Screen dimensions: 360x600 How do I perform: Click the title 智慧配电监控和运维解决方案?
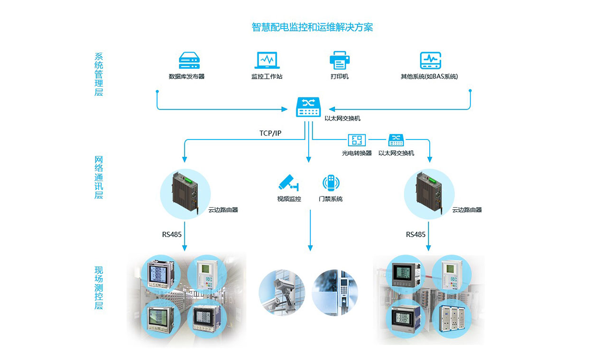312,27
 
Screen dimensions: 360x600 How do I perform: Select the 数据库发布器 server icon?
189,61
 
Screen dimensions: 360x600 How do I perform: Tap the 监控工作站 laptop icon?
267,61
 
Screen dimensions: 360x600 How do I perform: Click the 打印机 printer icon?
340,61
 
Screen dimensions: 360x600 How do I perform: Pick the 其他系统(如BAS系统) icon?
430,61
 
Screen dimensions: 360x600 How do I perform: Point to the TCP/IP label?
270,133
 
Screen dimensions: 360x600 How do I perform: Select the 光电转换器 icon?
357,140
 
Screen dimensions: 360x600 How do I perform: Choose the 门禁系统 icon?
331,183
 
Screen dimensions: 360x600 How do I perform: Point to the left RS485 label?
172,234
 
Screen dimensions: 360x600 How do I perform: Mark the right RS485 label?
415,234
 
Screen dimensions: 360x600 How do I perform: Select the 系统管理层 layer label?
99,74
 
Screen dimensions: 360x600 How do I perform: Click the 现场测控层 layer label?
99,288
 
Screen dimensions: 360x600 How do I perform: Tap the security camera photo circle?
282,293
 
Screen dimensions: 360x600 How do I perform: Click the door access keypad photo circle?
335,293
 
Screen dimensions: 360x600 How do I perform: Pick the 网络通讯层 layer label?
99,177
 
